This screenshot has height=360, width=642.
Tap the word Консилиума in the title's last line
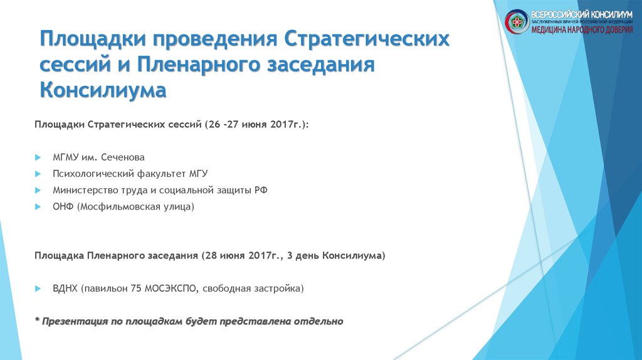click(103, 90)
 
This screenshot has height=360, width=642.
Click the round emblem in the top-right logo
click(517, 21)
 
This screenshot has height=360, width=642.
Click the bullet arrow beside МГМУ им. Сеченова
click(38, 157)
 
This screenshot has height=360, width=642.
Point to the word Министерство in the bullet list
click(82, 189)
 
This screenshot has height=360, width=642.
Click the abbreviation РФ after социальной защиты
click(261, 189)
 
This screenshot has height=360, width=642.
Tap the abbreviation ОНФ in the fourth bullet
click(63, 206)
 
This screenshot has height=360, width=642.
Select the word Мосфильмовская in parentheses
click(115, 206)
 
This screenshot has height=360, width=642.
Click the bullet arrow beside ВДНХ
click(38, 289)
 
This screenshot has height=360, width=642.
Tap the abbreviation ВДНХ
click(65, 289)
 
